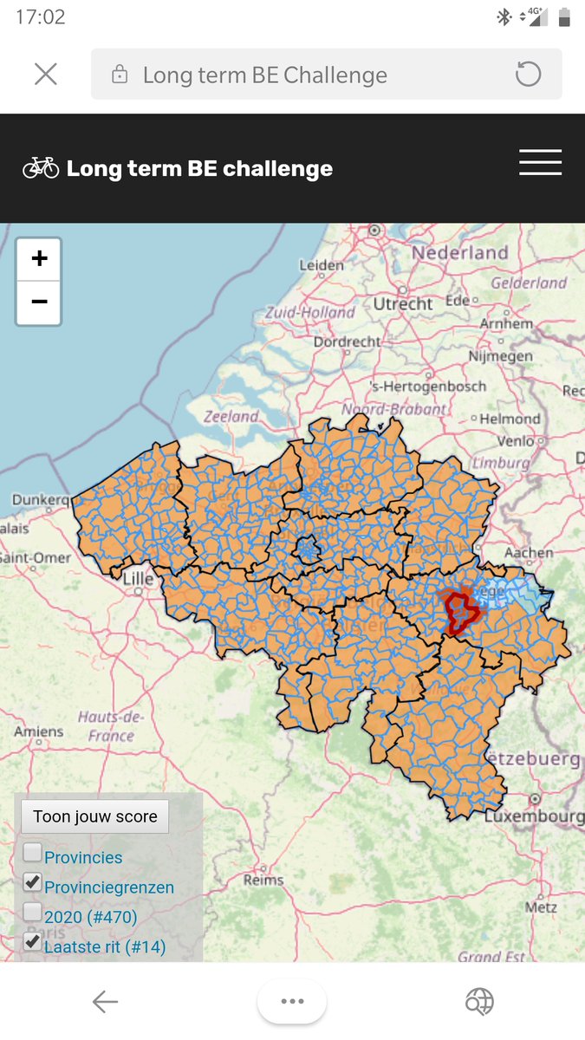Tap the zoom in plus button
(39, 259)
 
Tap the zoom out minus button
(39, 302)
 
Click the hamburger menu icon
(540, 163)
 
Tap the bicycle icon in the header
(41, 167)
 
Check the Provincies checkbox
(32, 853)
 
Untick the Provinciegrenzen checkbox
(32, 883)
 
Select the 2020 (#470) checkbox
(32, 913)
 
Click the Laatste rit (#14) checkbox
(32, 942)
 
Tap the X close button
(46, 75)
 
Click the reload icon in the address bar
(528, 75)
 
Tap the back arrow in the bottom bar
(105, 1003)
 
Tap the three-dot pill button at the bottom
(292, 1002)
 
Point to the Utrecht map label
(403, 303)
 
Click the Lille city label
(138, 579)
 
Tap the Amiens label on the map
(39, 731)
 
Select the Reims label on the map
(263, 880)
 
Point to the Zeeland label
(231, 417)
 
